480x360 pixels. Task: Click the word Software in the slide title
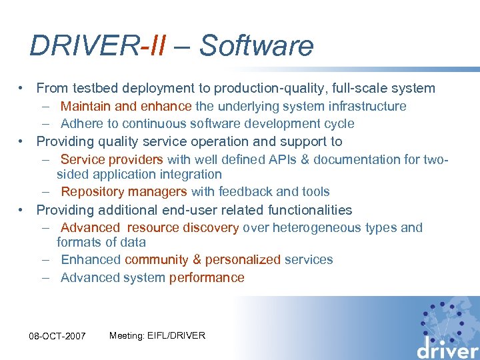point(256,45)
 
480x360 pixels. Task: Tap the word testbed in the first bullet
point(91,88)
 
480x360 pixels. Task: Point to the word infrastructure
point(365,106)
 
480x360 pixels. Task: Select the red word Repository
point(92,192)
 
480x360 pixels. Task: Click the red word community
point(153,260)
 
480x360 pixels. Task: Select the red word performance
point(207,277)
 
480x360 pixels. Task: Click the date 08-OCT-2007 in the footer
point(57,336)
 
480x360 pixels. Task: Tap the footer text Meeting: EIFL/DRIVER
point(157,335)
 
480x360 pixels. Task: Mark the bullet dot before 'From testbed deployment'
point(23,88)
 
